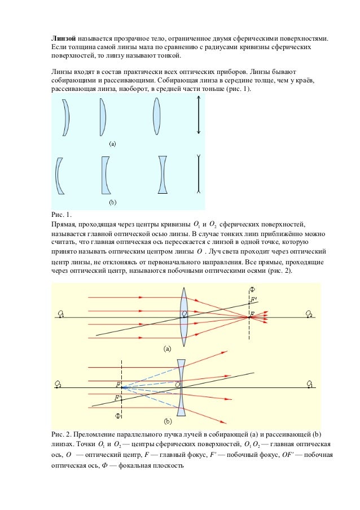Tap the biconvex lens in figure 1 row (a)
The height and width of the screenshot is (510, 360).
coord(157,116)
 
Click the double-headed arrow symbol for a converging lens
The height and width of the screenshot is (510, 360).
coord(199,116)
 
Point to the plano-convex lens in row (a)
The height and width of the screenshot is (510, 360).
coord(103,116)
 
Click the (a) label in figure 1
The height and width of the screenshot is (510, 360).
coord(112,144)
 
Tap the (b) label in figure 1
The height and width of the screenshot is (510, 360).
coord(112,201)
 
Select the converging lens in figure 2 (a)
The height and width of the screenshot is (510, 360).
coord(183,316)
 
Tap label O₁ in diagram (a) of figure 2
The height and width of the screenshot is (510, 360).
coord(60,313)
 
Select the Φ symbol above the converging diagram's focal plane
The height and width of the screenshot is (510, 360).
coord(252,290)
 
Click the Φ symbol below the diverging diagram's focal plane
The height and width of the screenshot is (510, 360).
coord(118,416)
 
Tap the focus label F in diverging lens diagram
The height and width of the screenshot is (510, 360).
coord(118,385)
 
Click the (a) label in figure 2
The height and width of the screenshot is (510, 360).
coord(168,349)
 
